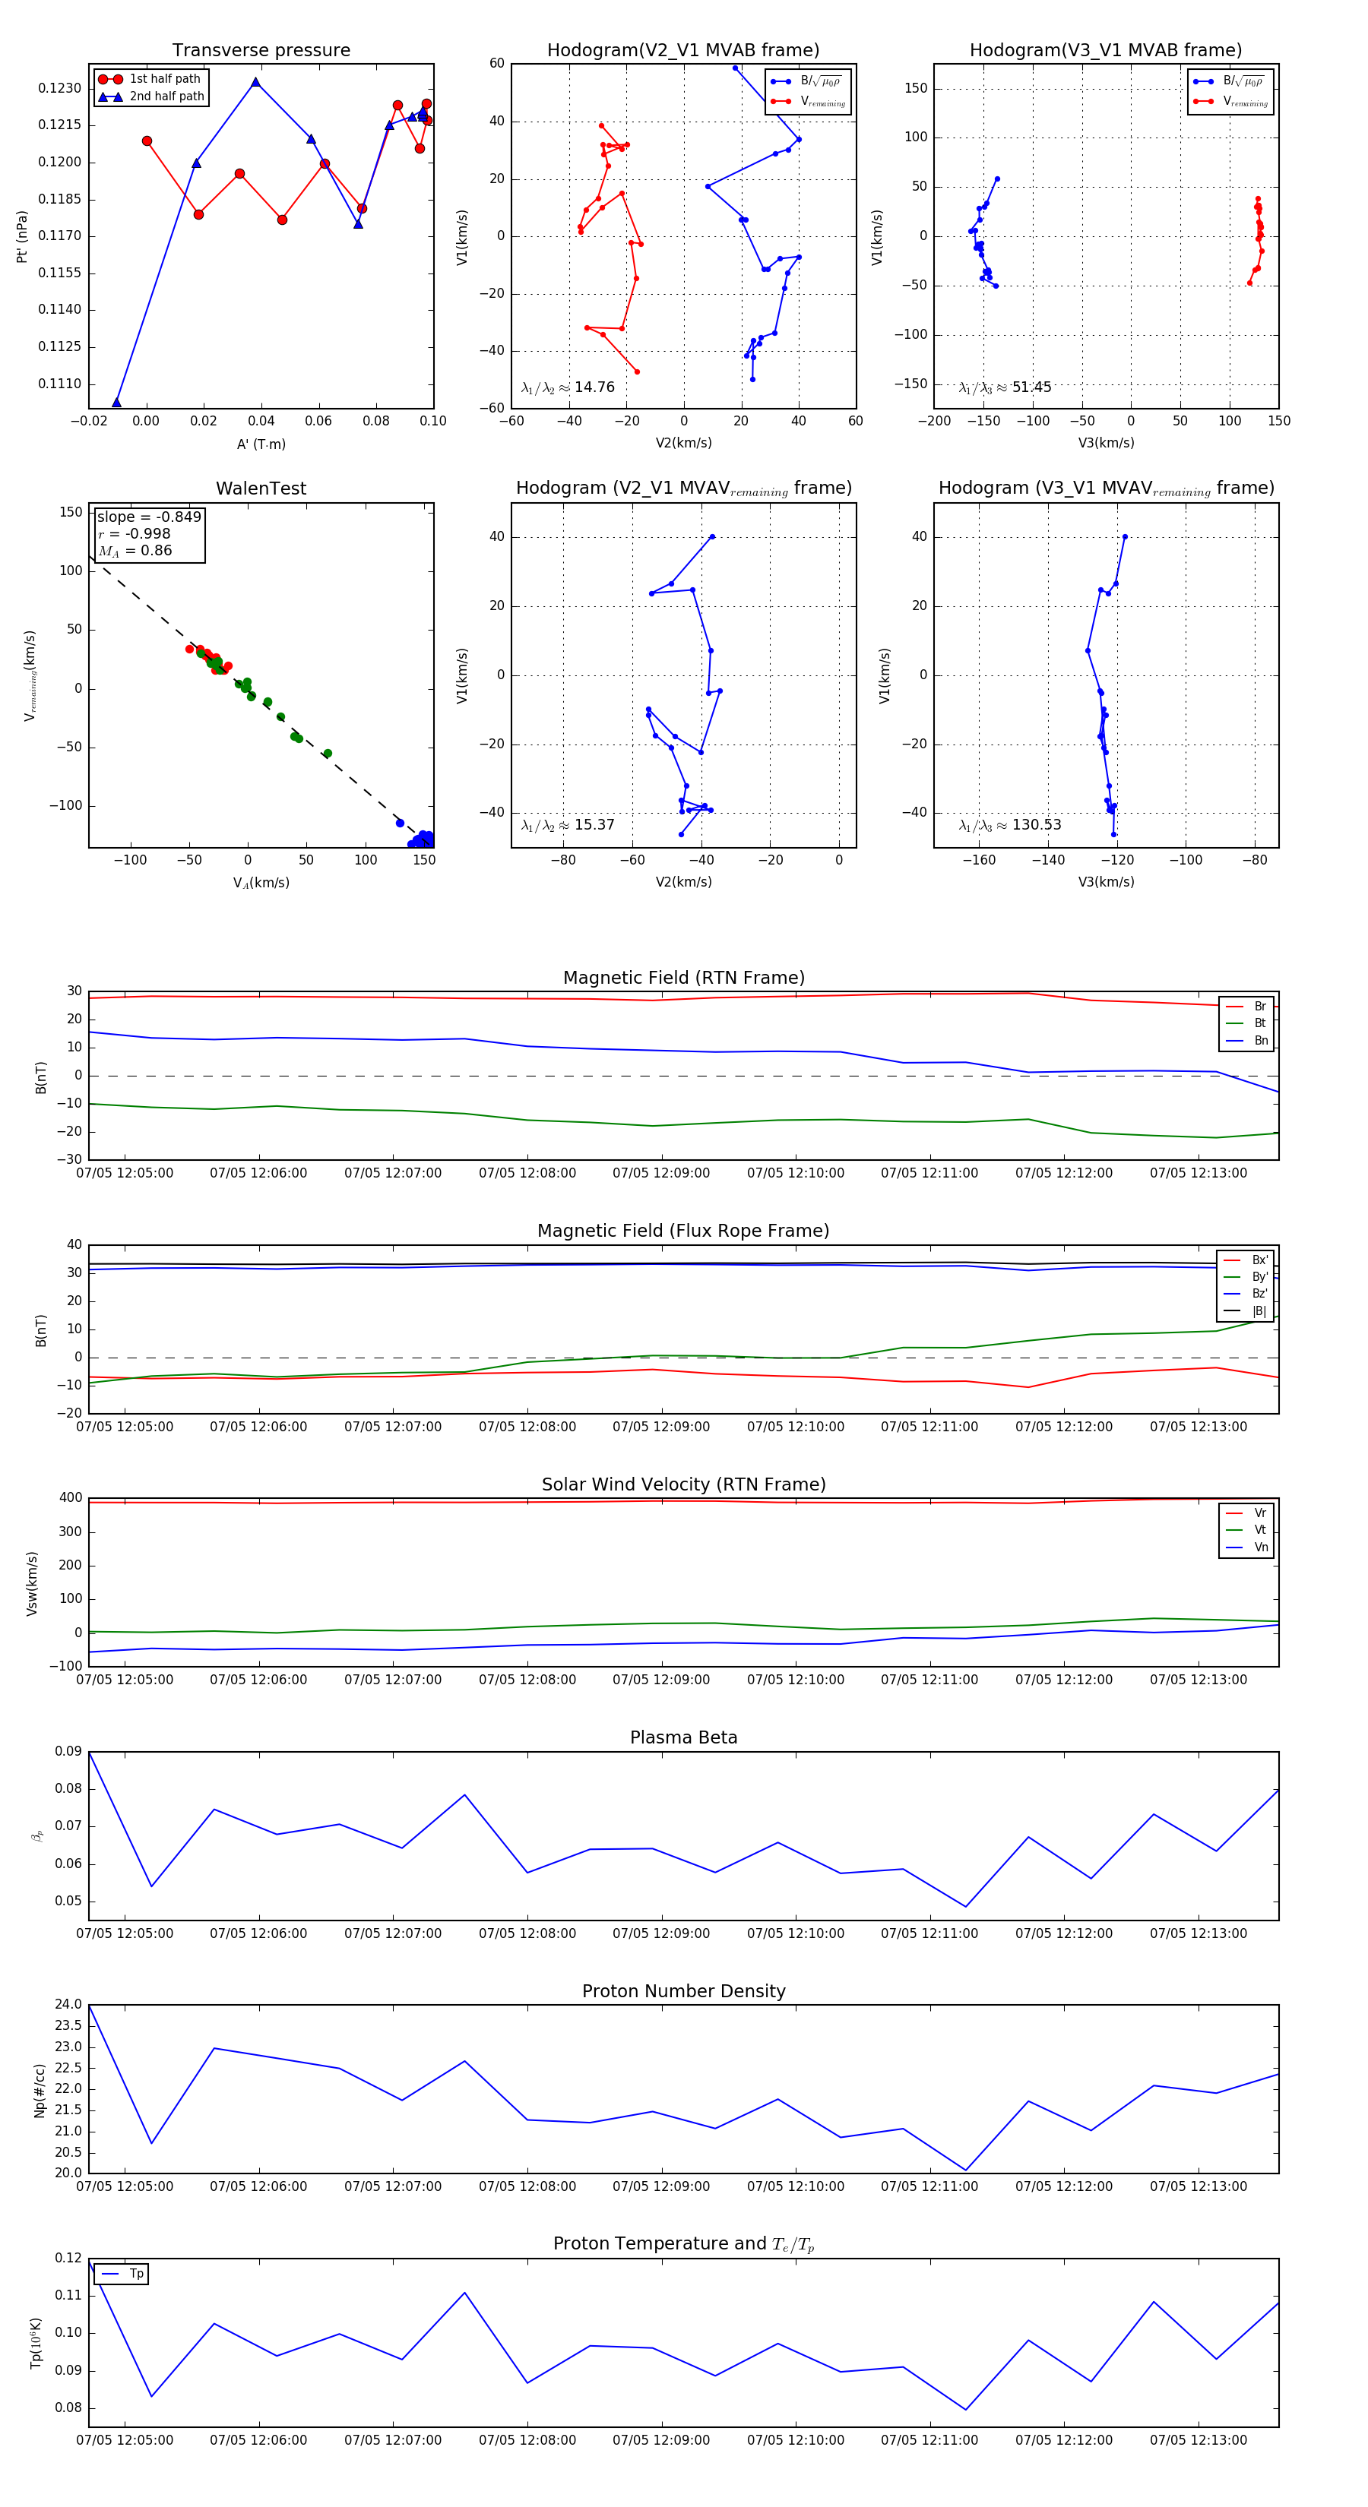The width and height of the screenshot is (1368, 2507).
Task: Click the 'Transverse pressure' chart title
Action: coord(261,51)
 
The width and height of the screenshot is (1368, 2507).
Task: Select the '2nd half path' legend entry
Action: coord(166,96)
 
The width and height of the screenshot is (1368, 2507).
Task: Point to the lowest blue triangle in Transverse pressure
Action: coord(117,402)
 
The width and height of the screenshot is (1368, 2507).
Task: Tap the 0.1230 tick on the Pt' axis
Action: coord(59,89)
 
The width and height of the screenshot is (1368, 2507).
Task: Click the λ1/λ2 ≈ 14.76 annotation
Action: coord(568,387)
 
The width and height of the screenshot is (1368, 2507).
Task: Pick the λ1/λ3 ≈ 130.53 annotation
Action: coord(1010,825)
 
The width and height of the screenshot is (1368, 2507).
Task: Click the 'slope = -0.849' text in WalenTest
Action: coord(149,517)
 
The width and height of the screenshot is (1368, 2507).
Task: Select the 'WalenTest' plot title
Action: coord(261,488)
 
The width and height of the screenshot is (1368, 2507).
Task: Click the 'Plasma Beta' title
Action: coord(683,1737)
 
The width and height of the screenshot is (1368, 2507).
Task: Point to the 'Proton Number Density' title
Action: coord(683,1991)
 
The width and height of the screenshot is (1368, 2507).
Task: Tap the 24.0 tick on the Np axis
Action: coord(68,2005)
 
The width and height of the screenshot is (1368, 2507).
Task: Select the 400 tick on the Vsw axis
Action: coord(70,1498)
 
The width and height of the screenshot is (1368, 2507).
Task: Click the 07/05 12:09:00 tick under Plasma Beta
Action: coord(661,1933)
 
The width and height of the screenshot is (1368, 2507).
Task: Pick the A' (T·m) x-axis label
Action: coord(261,444)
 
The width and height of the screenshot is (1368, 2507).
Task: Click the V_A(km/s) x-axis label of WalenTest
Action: coord(261,883)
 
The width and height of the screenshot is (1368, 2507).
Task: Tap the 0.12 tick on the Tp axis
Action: coord(68,2258)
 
